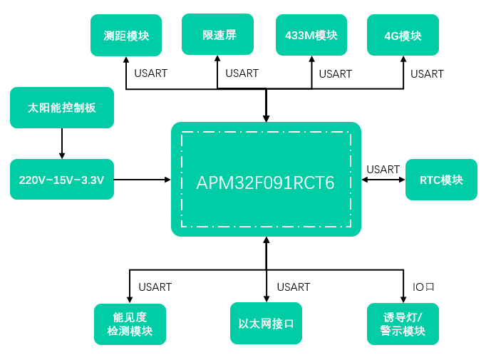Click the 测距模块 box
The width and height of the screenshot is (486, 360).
[126, 36]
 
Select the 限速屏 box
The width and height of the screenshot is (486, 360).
[217, 34]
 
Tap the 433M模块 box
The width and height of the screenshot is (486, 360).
[311, 35]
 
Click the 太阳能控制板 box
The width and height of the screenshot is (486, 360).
[62, 108]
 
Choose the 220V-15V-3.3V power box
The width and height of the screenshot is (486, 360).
[62, 180]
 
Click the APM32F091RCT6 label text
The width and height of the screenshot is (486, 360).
[265, 182]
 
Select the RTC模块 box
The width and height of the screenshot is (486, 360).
[441, 180]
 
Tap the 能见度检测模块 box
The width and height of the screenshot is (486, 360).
[130, 324]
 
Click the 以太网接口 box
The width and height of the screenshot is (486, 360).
[267, 323]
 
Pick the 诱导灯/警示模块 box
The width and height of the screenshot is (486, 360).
[403, 324]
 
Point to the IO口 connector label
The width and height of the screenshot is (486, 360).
[423, 287]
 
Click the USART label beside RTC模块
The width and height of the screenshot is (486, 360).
[383, 170]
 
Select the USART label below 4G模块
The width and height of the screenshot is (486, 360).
[427, 74]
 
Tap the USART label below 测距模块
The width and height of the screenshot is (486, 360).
[150, 74]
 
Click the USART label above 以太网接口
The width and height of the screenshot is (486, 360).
[293, 287]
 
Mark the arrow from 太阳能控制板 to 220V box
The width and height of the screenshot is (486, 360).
[62, 143]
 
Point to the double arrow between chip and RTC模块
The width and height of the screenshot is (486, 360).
[383, 180]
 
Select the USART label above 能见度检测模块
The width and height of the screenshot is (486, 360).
[155, 287]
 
